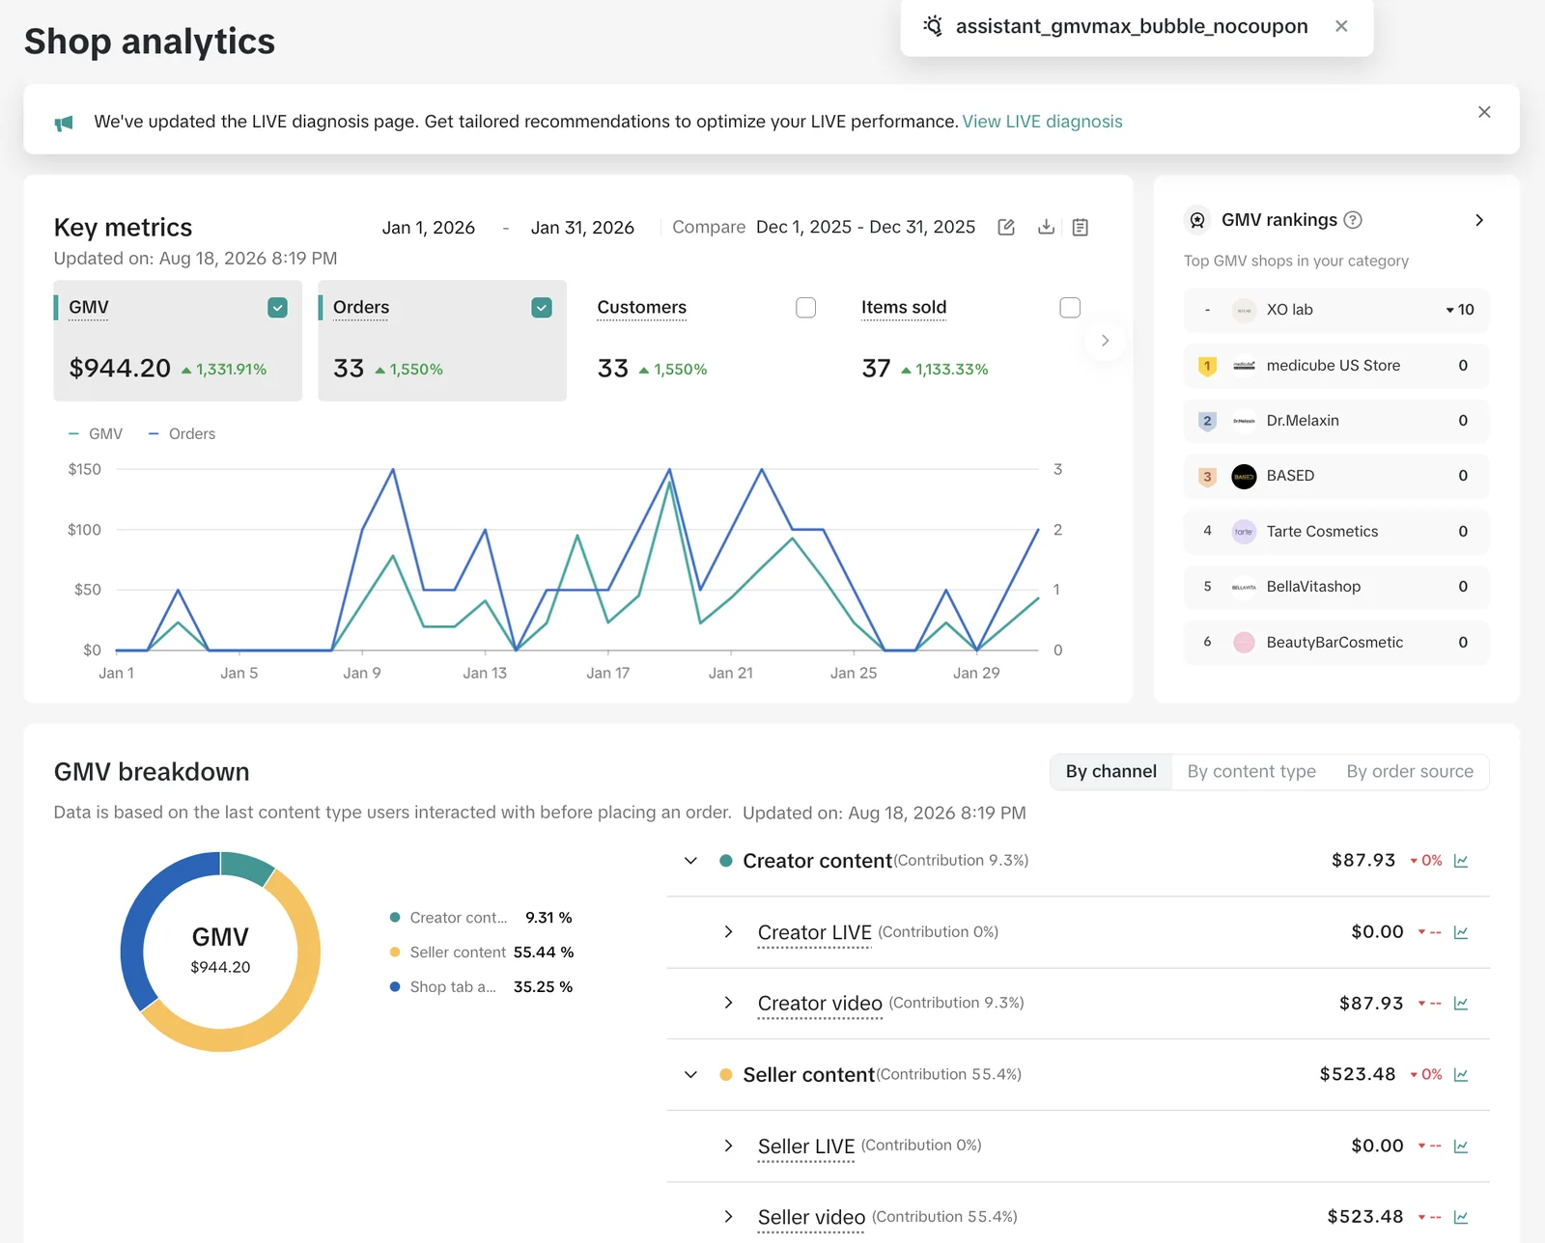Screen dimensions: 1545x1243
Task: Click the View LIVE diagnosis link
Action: (1042, 122)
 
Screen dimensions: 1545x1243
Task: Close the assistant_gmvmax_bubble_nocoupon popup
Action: (1341, 27)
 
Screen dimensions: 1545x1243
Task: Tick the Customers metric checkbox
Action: (805, 308)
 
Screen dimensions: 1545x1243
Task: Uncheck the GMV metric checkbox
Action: (277, 308)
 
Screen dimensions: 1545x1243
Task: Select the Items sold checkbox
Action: (1070, 308)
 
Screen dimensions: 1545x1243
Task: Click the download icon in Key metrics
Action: (1046, 228)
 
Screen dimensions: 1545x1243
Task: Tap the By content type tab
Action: (1251, 771)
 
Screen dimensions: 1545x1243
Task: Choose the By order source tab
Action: (1410, 771)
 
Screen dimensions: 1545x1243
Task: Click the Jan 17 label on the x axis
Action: (607, 674)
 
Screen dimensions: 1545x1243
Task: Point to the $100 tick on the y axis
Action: (84, 530)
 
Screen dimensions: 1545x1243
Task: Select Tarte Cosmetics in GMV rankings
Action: (1322, 531)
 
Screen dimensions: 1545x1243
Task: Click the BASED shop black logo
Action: (1244, 476)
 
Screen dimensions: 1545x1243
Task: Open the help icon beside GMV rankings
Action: (1353, 220)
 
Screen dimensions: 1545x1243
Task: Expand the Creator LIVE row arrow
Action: (728, 931)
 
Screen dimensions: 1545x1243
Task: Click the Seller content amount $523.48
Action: (1357, 1074)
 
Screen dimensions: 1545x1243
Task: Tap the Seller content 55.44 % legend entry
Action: (481, 953)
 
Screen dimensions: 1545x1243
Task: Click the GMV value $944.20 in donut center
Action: (220, 967)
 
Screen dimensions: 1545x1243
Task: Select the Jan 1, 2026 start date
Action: (428, 228)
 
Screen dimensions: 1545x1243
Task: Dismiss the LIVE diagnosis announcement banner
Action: (1484, 113)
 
